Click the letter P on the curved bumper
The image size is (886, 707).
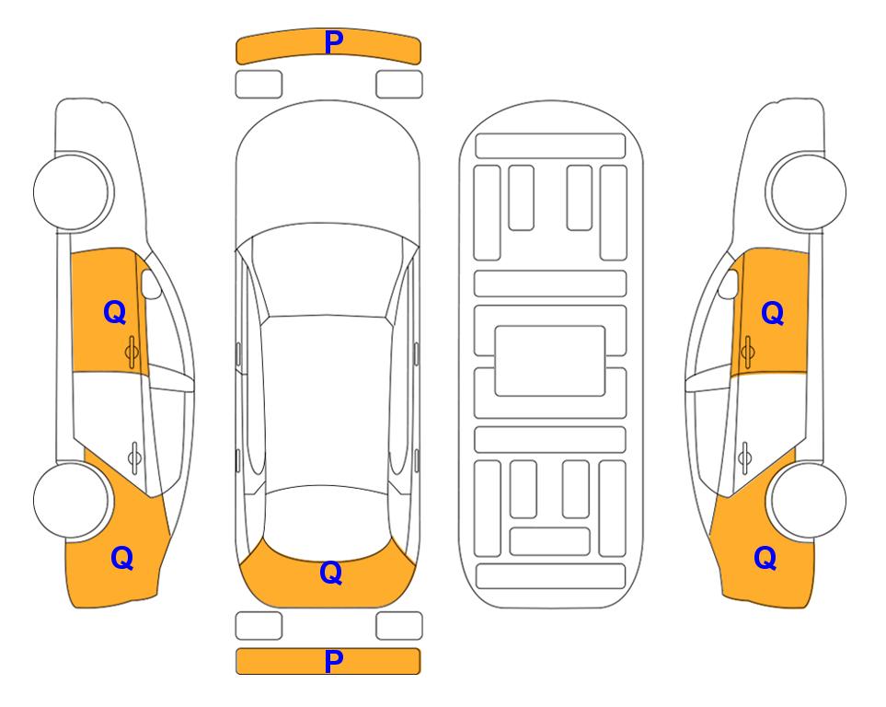point(333,42)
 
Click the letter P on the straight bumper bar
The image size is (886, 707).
point(333,661)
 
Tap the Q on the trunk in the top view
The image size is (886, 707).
point(331,573)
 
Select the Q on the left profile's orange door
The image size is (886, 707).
point(115,312)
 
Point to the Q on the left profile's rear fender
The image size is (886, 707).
point(122,558)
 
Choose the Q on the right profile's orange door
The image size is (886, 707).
point(773,313)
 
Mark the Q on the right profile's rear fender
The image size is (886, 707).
point(765,558)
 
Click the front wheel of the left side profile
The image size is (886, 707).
point(72,191)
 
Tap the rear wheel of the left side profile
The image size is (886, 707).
point(72,501)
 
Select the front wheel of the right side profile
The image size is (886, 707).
point(808,191)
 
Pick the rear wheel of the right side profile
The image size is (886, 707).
point(808,501)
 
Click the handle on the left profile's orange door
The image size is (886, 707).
point(132,353)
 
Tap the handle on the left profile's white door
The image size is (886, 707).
point(134,458)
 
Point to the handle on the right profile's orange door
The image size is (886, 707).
point(748,353)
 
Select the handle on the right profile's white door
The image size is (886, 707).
point(745,458)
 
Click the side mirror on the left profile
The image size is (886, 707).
point(150,284)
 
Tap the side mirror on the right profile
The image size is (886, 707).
point(729,284)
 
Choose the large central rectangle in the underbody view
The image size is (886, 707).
point(550,361)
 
